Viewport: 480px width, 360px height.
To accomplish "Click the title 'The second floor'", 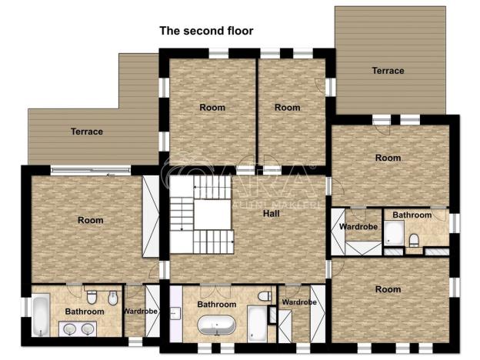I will pyautogui.click(x=206, y=32).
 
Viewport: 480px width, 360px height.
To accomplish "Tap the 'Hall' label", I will pyautogui.click(x=270, y=213).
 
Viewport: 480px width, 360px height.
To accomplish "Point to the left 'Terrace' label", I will pyautogui.click(x=87, y=132).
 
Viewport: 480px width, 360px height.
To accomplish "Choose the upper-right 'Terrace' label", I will pyautogui.click(x=388, y=71).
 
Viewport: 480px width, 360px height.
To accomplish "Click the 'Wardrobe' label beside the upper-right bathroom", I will pyautogui.click(x=357, y=227).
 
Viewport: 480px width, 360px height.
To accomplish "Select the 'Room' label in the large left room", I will pyautogui.click(x=90, y=220).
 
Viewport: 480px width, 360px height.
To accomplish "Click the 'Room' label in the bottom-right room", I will pyautogui.click(x=388, y=289).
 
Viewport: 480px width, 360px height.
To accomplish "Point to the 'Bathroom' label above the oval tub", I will pyautogui.click(x=216, y=305).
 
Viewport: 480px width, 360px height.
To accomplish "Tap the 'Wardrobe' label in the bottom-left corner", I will pyautogui.click(x=140, y=312).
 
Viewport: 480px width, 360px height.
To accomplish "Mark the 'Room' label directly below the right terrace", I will pyautogui.click(x=388, y=158).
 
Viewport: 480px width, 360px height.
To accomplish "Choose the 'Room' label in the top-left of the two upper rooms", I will pyautogui.click(x=212, y=108).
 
